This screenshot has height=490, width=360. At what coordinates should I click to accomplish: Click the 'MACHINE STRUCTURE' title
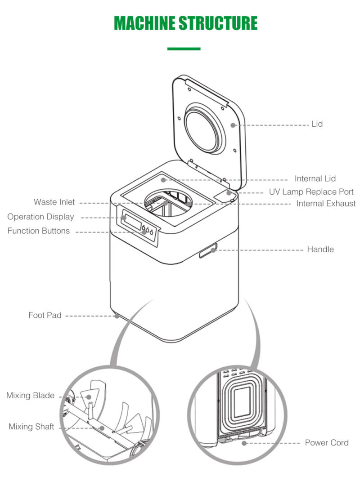(x=185, y=23)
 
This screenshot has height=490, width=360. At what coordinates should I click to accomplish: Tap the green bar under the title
(x=184, y=49)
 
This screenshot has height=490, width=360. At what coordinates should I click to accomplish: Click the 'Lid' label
(x=317, y=124)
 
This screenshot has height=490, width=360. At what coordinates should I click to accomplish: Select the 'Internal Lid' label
(x=315, y=178)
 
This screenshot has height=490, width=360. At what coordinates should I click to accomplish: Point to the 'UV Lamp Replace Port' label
(x=311, y=192)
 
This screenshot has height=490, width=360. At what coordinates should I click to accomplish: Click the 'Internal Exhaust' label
(x=325, y=204)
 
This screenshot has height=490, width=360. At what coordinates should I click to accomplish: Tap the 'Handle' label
(x=320, y=249)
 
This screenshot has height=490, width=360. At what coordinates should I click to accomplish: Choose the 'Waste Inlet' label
(x=54, y=202)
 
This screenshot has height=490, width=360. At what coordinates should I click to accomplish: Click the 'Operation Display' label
(x=40, y=217)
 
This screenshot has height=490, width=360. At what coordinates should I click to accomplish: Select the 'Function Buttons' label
(x=39, y=231)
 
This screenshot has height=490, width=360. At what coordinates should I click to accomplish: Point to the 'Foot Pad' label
(x=45, y=315)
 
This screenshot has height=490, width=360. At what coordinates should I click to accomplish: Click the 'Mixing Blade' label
(x=30, y=396)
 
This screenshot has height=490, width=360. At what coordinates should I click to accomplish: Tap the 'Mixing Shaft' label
(x=31, y=427)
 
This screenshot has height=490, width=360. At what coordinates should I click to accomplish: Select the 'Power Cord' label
(x=326, y=443)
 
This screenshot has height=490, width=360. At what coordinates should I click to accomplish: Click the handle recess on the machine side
(x=208, y=250)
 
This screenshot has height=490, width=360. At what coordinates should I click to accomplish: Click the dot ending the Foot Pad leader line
(x=117, y=316)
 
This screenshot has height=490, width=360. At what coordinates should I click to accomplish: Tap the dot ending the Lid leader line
(x=233, y=125)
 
